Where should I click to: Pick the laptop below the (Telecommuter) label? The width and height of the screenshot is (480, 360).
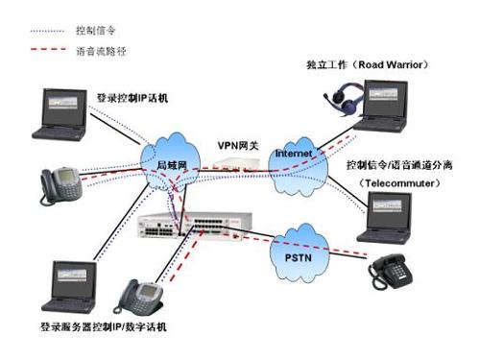point(388,217)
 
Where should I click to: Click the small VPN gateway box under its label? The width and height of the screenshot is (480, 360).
point(234,166)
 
